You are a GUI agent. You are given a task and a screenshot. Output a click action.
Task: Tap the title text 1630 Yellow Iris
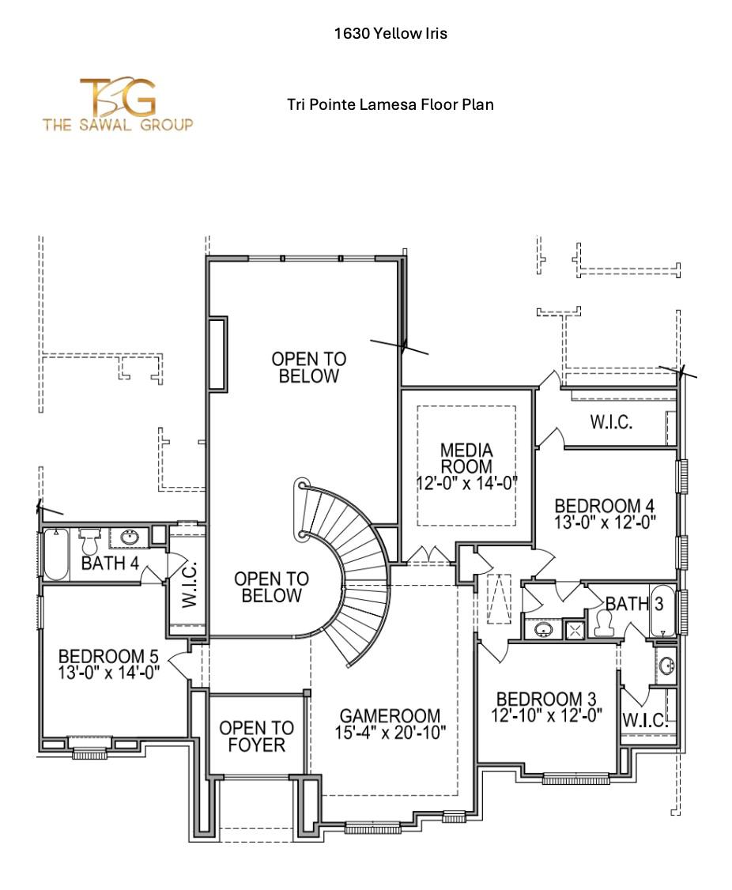[x=391, y=33]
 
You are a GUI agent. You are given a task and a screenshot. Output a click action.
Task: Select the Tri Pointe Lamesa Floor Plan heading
[x=391, y=104]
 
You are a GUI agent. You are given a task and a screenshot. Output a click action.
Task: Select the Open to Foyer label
[x=256, y=736]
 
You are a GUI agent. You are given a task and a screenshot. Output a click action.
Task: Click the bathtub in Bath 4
[x=56, y=554]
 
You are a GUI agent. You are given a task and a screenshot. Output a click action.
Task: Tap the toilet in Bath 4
[x=89, y=541]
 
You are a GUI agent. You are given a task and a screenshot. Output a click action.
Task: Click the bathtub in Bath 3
[x=662, y=611]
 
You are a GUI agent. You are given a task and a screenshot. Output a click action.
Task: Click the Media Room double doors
[x=428, y=556]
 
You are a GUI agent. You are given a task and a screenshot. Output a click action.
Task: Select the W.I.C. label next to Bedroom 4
[x=611, y=422]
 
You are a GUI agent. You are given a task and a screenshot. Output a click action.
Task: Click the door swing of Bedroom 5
[x=179, y=664]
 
